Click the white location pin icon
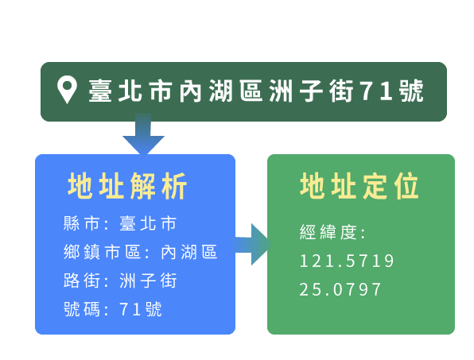67,89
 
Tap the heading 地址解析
127,186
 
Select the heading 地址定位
359,186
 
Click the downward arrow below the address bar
143,134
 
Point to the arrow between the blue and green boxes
253,244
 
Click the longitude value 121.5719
347,261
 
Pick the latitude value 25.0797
340,289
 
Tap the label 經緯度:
332,232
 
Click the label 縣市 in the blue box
81,224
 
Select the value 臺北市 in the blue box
148,224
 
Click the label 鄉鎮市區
102,252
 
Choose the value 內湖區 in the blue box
189,252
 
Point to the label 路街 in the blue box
81,281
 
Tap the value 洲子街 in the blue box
148,281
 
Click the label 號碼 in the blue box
81,309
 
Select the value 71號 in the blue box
141,309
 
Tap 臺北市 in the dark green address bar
130,91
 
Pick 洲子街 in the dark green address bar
312,91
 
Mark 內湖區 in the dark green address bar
221,91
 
